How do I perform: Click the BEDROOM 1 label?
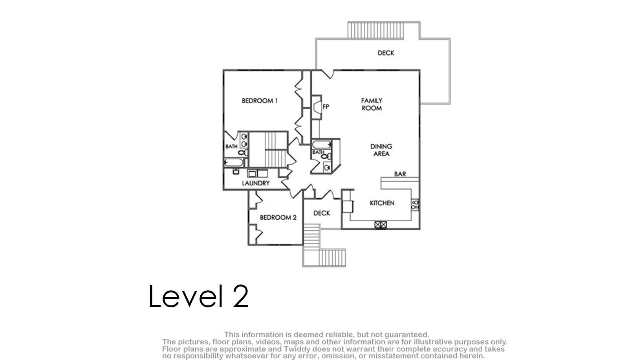tap(260, 101)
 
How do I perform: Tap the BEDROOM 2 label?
tap(278, 218)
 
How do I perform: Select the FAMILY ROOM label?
tap(372, 105)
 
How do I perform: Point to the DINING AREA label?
tap(381, 150)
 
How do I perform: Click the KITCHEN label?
tap(382, 203)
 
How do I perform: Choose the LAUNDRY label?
tap(256, 183)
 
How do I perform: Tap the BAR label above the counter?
tap(400, 174)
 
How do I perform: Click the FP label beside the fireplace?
tap(326, 107)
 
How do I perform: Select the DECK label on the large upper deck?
tap(386, 53)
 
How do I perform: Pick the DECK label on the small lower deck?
tap(322, 213)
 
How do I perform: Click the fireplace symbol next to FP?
tap(317, 107)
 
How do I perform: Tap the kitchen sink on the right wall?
tap(415, 205)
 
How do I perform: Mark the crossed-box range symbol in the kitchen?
tap(381, 225)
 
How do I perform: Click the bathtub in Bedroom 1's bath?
tap(234, 163)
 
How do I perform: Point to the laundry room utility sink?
tap(236, 171)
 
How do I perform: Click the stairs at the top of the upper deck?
tap(376, 30)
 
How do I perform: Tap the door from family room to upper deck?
tap(328, 74)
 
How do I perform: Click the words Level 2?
tap(198, 296)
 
